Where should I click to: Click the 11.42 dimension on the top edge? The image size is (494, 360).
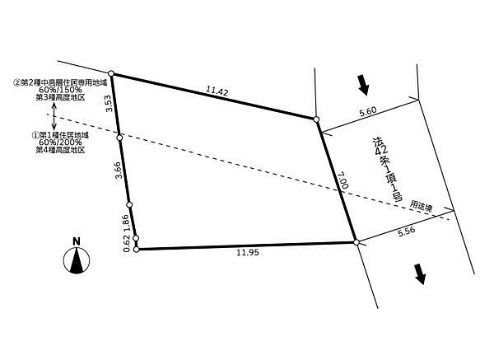click(217, 91)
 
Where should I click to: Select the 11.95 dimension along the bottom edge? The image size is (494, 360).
click(248, 252)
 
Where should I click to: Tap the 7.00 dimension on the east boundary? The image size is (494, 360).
click(343, 180)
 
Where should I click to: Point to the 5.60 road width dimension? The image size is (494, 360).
click(368, 111)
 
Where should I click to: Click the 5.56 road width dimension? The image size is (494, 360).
click(407, 231)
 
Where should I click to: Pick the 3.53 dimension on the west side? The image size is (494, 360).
click(109, 104)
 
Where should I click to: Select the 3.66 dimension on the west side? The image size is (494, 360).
click(118, 171)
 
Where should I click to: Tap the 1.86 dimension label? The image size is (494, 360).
click(125, 223)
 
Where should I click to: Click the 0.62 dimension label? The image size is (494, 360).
click(127, 243)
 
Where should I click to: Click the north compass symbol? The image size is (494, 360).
click(77, 260)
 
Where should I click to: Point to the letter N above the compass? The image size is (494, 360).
click(77, 241)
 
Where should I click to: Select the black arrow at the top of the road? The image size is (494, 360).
click(363, 85)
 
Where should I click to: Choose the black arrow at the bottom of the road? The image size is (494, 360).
click(420, 274)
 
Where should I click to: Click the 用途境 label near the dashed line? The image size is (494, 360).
click(421, 206)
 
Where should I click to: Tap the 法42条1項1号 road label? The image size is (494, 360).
click(387, 169)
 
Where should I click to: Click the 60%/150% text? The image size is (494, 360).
click(60, 90)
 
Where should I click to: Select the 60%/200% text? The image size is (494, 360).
click(60, 143)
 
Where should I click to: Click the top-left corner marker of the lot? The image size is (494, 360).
click(111, 73)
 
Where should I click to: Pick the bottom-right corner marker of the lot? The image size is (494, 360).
click(357, 242)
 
